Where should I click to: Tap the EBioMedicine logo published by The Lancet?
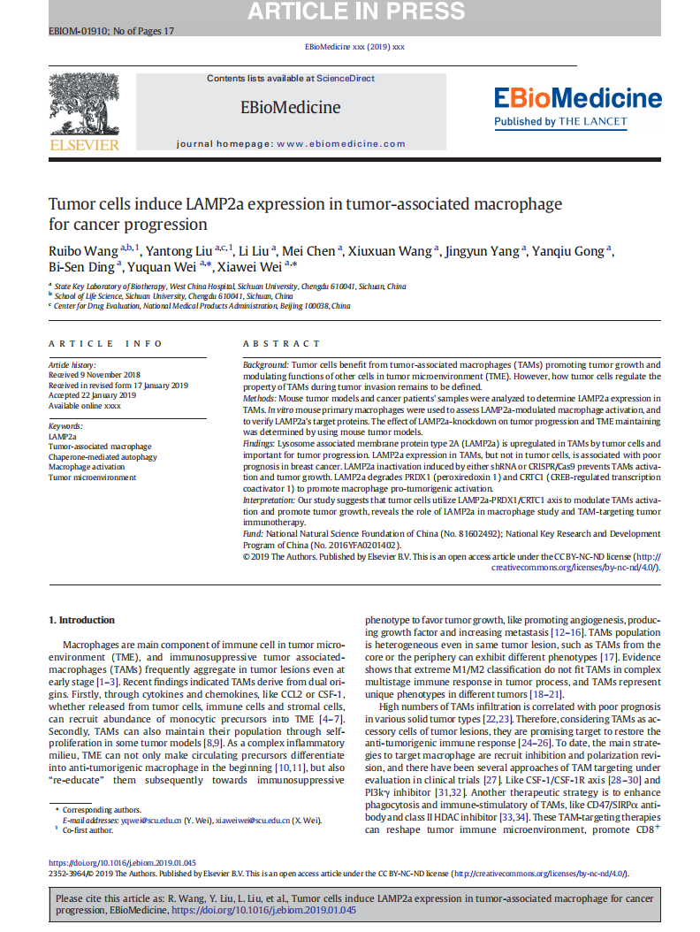tap(577, 105)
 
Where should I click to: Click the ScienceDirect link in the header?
tap(346, 79)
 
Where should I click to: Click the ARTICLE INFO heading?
tap(105, 343)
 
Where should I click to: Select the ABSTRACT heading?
tap(282, 343)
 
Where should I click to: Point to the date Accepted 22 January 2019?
tap(92, 395)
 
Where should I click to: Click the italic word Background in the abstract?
tap(266, 365)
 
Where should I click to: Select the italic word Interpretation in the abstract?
tap(270, 500)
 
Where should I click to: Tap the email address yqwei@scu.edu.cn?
tap(152, 821)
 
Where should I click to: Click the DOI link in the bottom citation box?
tap(263, 910)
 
